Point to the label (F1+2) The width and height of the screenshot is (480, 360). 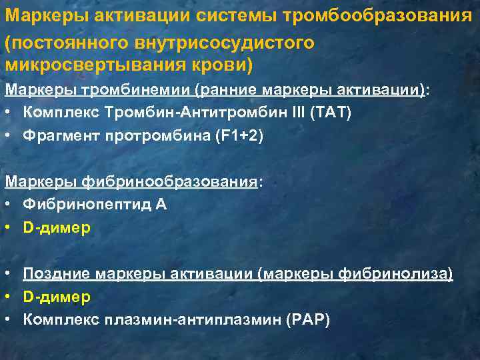pos(236,135)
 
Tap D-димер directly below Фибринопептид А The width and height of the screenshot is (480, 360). pos(57,227)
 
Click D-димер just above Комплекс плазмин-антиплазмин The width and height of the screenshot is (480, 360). pos(57,296)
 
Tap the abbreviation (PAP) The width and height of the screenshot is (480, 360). pos(307,319)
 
